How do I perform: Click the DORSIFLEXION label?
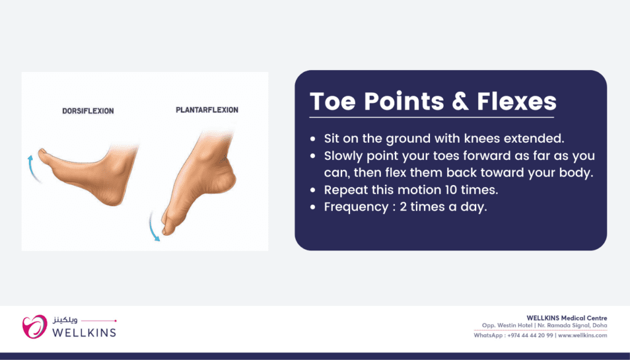87,111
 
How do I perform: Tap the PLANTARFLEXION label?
207,110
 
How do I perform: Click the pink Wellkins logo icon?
34,327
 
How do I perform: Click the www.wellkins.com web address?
583,335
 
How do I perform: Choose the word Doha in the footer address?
599,326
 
